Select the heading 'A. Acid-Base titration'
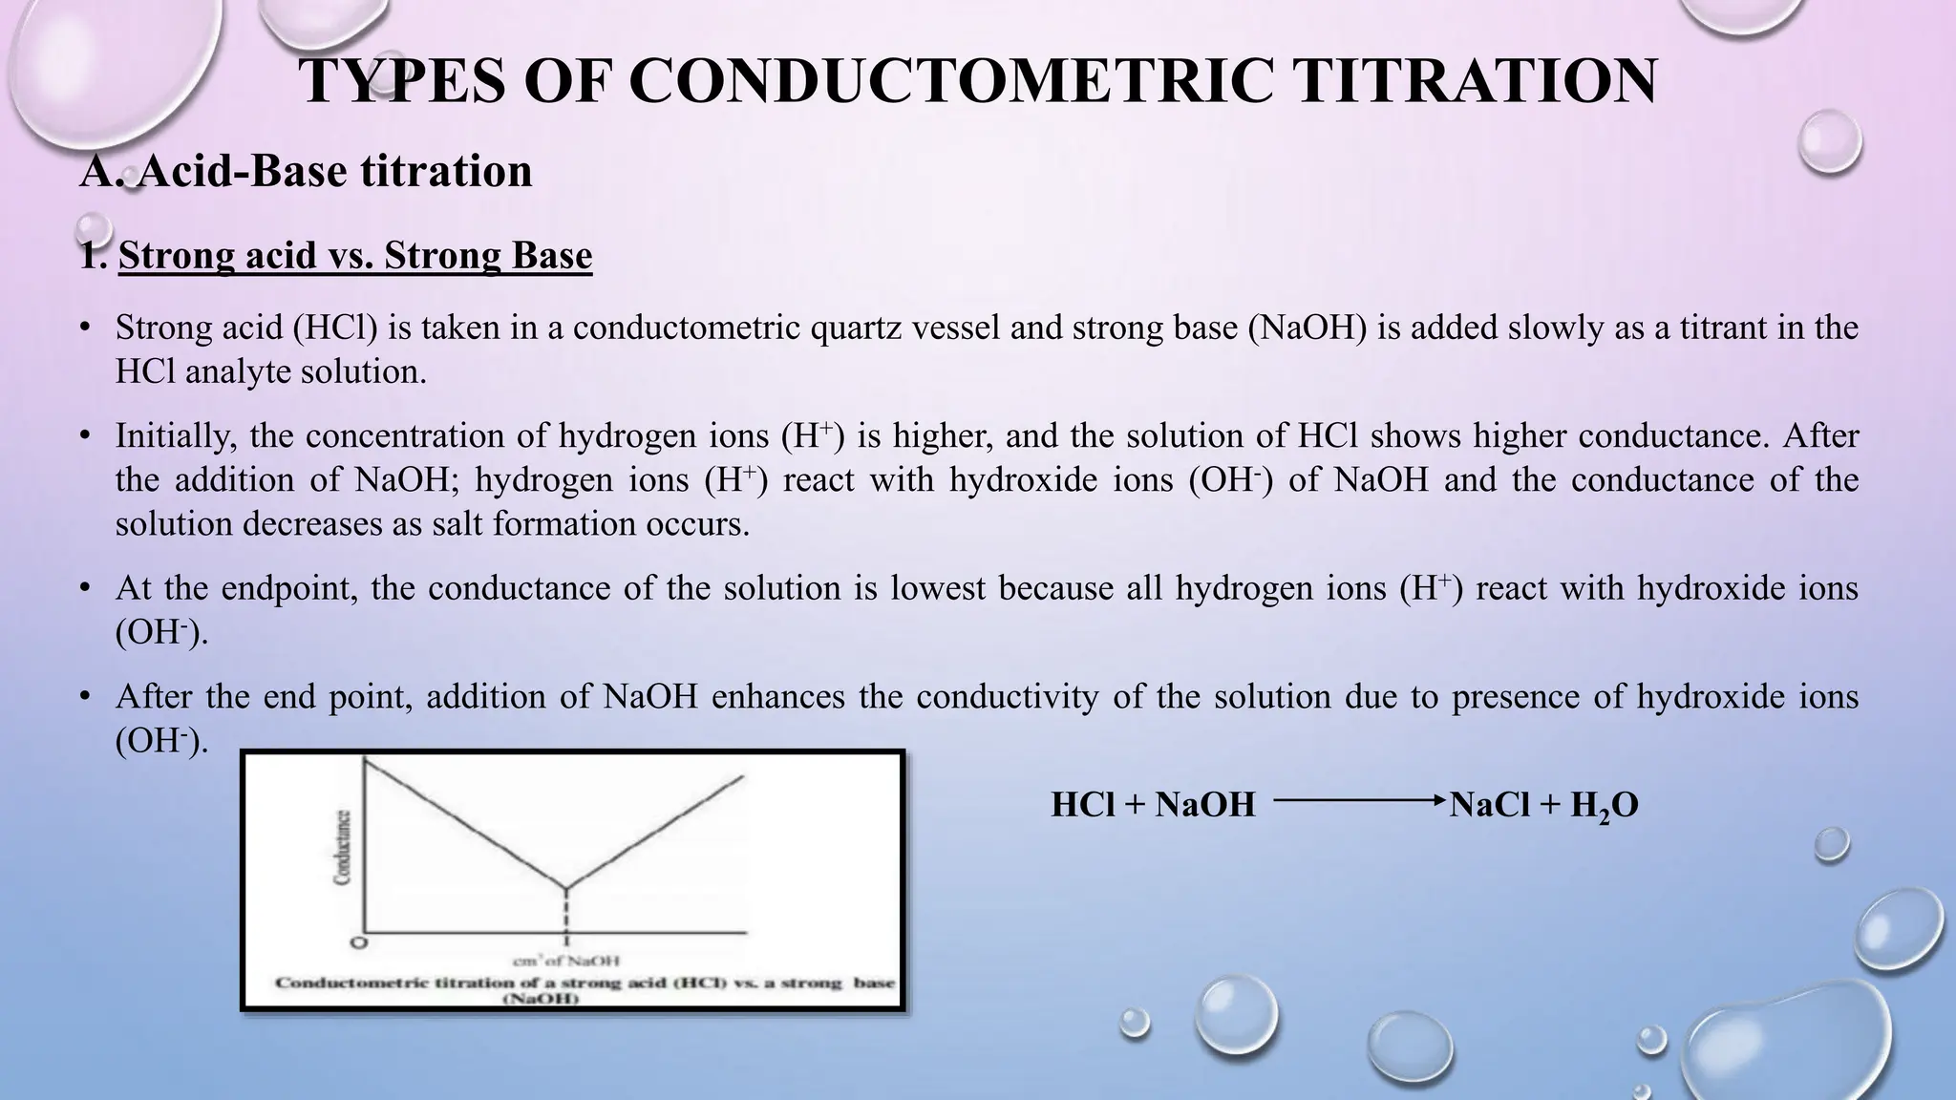pos(306,171)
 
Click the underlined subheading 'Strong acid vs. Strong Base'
pos(355,256)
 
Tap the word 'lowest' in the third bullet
pos(937,587)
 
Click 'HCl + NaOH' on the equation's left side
pos(1153,805)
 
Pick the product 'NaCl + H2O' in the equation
pos(1543,805)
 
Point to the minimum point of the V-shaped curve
pos(567,888)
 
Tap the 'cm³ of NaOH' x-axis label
pos(567,961)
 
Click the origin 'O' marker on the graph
pos(358,943)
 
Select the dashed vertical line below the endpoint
pos(567,912)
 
